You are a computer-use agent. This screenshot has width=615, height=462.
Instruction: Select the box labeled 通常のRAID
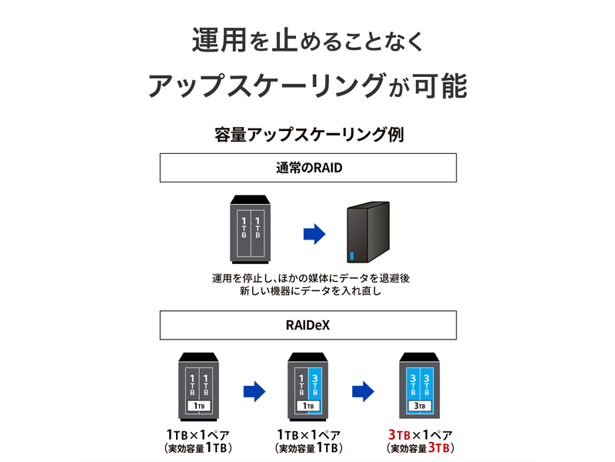(x=307, y=168)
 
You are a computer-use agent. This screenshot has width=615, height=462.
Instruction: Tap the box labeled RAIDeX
(x=307, y=325)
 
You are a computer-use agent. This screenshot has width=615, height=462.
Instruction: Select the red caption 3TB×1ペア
(x=419, y=434)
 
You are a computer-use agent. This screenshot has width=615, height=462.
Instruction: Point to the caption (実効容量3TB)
(x=419, y=448)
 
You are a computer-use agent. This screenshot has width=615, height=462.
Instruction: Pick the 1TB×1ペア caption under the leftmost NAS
(x=198, y=434)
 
